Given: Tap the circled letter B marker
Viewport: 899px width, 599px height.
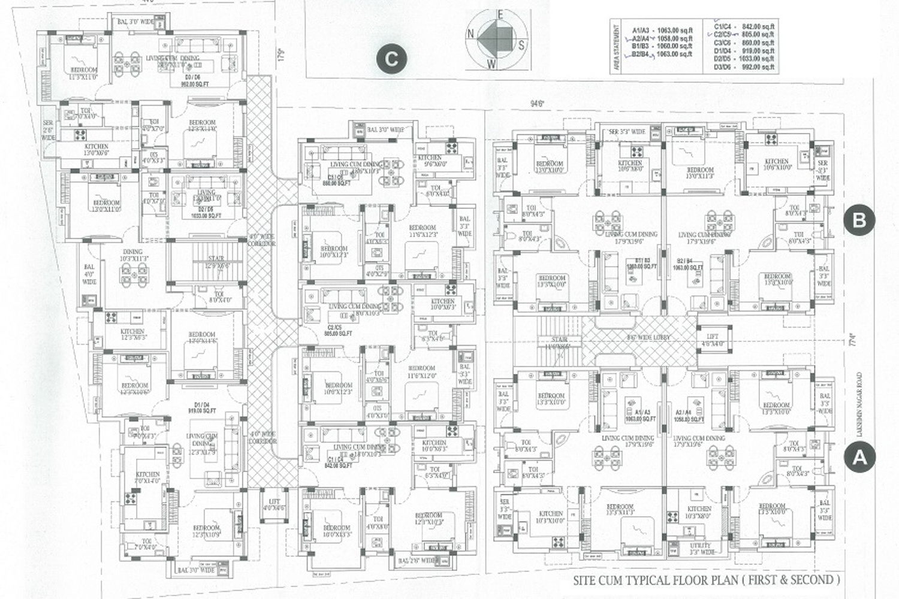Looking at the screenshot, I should [x=859, y=220].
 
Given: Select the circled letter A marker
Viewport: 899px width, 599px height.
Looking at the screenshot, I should [x=859, y=458].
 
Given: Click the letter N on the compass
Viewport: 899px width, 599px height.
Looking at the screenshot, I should [x=471, y=34].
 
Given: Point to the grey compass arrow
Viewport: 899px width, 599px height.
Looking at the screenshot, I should [x=495, y=35].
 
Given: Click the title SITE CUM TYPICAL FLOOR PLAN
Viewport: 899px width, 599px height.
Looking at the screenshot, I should [x=706, y=580].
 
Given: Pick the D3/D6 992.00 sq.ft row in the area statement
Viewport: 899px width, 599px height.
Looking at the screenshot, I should [x=744, y=68].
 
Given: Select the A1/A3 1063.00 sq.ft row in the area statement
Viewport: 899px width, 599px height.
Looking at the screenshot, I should [x=661, y=29].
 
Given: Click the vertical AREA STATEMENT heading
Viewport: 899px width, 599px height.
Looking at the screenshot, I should [x=615, y=49].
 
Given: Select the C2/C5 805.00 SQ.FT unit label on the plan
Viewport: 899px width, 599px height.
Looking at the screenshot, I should [x=339, y=330].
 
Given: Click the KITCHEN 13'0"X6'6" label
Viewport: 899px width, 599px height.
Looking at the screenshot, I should [x=96, y=150].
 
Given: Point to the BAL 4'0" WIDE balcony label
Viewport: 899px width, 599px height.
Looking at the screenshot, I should [x=89, y=274].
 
